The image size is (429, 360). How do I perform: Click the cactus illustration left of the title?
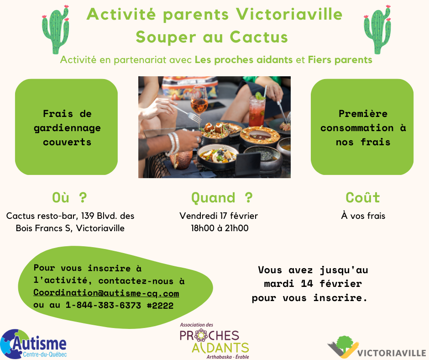(56, 30)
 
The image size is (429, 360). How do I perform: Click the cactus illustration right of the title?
(377, 30)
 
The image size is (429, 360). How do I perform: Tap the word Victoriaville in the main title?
(289, 14)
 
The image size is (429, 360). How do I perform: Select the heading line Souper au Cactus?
(212, 37)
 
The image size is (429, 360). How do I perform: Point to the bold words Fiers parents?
(340, 60)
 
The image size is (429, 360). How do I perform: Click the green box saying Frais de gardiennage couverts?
(67, 127)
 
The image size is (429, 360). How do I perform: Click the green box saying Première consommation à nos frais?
(362, 127)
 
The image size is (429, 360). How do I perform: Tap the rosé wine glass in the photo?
(199, 104)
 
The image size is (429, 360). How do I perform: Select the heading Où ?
(69, 197)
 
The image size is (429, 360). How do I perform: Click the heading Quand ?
(222, 197)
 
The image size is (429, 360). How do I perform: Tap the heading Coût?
(363, 197)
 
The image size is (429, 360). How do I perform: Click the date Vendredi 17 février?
(219, 216)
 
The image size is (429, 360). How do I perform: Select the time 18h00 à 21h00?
(220, 228)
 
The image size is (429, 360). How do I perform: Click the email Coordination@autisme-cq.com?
(106, 293)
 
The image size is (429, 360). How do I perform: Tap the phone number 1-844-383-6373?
(104, 305)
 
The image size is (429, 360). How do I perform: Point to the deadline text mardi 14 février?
(313, 284)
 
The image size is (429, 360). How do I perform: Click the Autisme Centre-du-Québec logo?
(33, 344)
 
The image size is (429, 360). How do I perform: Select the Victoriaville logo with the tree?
(377, 347)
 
